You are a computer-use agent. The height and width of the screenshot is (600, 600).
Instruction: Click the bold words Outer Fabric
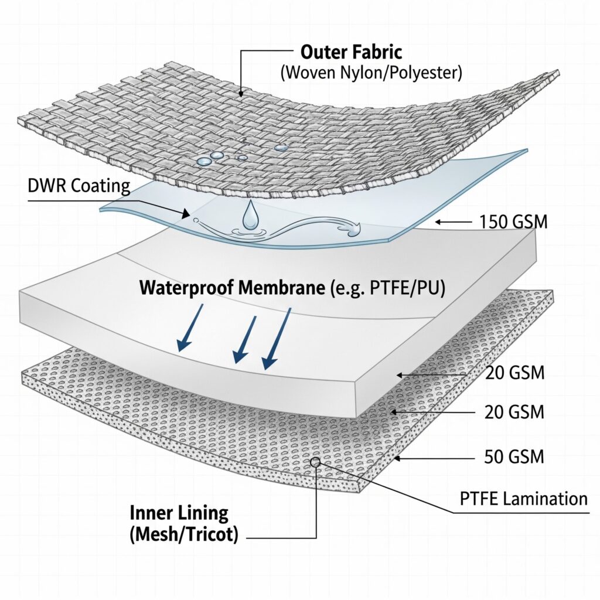tap(351, 52)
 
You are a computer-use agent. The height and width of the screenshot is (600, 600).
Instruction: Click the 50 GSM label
tap(515, 457)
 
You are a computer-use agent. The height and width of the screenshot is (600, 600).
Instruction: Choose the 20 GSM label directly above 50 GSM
tap(515, 412)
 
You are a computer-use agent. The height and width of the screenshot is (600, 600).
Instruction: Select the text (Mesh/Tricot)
tap(184, 536)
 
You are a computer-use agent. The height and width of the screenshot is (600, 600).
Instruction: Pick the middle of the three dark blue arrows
tap(244, 342)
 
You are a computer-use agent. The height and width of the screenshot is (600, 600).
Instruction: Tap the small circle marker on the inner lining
tap(315, 462)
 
